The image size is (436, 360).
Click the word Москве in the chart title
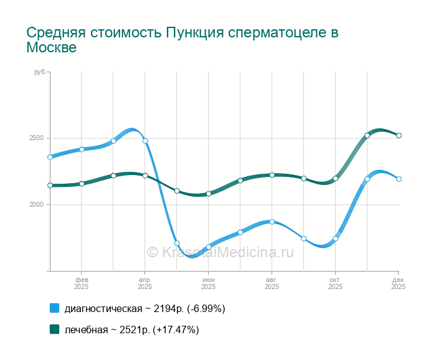[x=51, y=47]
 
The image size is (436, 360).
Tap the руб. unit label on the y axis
[x=40, y=73]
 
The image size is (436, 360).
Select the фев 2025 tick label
[x=82, y=283]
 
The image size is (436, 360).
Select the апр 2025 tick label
[x=145, y=283]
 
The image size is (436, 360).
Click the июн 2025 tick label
[x=209, y=283]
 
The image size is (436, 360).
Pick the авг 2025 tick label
[x=272, y=283]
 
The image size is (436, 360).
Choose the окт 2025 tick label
[x=335, y=283]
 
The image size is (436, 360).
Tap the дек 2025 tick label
[x=398, y=283]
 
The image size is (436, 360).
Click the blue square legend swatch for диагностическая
[x=54, y=308]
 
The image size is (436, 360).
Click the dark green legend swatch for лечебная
[x=54, y=329]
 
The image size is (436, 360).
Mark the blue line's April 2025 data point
[x=145, y=141]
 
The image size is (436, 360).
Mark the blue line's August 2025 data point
[x=272, y=222]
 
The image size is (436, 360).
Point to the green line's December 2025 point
[x=399, y=135]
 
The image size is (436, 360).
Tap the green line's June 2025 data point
[x=209, y=194]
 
